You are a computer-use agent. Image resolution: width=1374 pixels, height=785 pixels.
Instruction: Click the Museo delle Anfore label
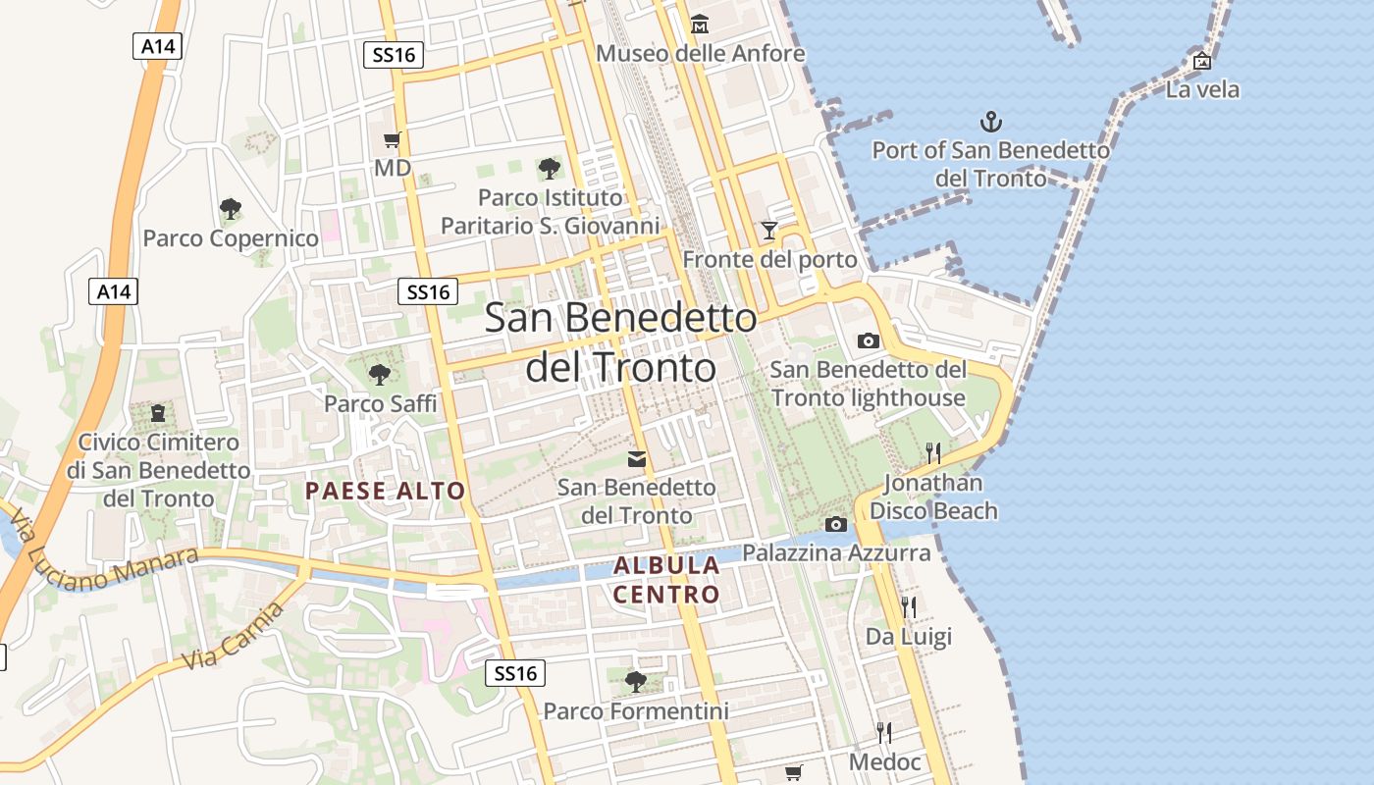pos(700,53)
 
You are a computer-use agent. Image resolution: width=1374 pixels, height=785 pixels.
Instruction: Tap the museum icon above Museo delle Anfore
pos(699,25)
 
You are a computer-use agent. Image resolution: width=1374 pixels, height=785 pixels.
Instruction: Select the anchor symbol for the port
pos(991,123)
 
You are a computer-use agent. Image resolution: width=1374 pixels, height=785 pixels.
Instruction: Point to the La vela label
pos(1202,90)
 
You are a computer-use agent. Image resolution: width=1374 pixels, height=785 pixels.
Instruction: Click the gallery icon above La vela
pos(1201,61)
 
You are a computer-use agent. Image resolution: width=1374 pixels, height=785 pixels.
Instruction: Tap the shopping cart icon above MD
pos(393,140)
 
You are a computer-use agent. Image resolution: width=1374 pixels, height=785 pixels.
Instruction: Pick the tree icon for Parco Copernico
pos(231,209)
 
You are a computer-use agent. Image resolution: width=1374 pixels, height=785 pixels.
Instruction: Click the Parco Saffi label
pos(381,403)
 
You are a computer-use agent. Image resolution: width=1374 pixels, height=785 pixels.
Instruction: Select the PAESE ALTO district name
pos(385,491)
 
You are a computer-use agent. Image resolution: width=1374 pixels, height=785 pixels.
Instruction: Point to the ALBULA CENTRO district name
pos(666,580)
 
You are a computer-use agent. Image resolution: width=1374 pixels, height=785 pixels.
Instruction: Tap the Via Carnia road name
pos(234,637)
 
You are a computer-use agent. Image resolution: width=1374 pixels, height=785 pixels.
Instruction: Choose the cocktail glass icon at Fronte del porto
pos(769,231)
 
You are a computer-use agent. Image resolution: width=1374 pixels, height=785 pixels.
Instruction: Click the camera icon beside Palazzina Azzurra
pos(836,524)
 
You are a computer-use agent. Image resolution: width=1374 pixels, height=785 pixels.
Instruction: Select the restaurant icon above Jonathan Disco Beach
pos(932,452)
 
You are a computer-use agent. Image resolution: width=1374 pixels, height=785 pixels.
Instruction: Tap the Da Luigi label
pos(908,637)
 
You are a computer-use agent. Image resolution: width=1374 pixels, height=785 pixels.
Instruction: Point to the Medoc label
pos(885,762)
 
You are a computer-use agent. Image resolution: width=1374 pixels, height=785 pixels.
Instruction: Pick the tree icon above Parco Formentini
pos(636,681)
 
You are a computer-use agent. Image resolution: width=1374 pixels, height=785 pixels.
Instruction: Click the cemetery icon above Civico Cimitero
pos(158,413)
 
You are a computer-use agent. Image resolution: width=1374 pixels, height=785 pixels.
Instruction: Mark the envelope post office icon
pos(637,458)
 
